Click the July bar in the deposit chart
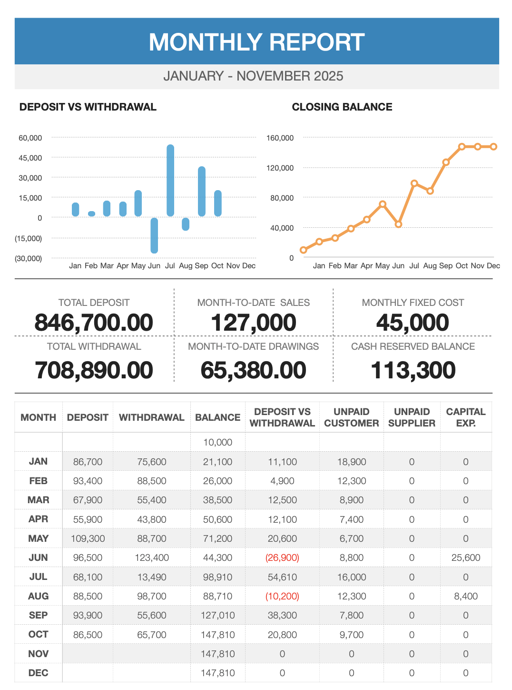170,181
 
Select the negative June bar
154,235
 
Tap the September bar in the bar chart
202,192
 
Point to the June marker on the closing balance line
399,224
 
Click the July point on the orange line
414,183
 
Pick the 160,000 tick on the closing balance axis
280,138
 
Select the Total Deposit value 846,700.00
94,323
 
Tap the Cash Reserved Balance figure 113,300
413,371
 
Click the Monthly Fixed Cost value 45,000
413,323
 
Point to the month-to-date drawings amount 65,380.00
253,371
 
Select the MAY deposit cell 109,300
88,538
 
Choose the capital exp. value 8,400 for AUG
466,596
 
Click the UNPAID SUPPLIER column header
412,417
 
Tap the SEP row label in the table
38,615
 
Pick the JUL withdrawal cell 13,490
152,577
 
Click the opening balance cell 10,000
218,442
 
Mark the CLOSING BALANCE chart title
342,107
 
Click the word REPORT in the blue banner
312,42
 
